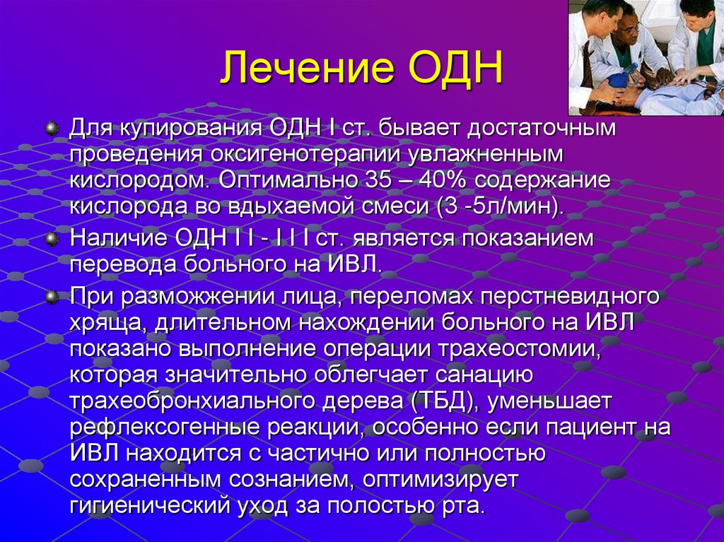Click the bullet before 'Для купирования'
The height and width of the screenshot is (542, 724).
click(51, 130)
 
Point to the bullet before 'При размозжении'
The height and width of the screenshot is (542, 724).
click(51, 297)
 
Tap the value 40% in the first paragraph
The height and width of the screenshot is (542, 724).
click(432, 179)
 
